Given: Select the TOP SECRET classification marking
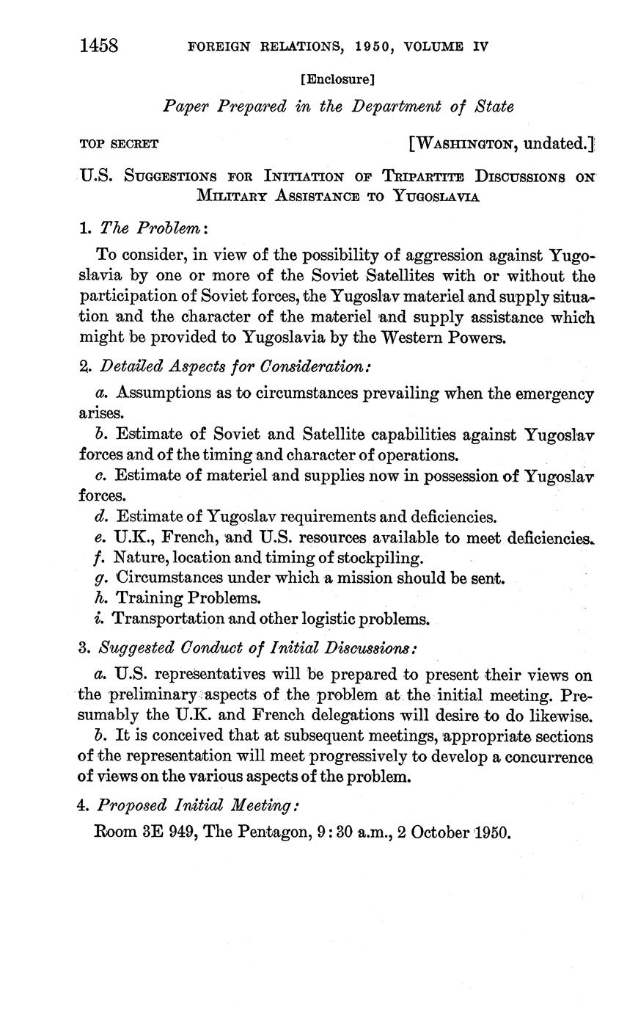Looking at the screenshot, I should (x=119, y=144).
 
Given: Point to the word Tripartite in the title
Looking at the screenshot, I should (x=416, y=177).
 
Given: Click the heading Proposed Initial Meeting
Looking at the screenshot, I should (x=199, y=805).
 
